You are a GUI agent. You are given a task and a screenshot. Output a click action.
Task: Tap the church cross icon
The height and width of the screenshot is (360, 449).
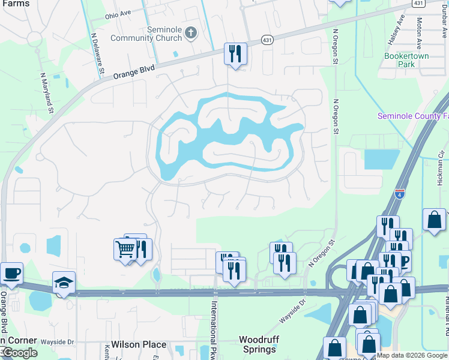(191, 32)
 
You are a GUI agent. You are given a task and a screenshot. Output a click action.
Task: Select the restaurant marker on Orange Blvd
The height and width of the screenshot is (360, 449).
(235, 54)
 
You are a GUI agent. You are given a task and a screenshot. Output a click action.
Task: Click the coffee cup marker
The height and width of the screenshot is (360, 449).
(12, 274)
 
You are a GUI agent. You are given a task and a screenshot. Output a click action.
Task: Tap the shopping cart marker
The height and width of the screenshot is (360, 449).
(125, 248)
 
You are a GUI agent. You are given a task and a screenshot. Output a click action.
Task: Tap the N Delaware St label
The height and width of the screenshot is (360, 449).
(95, 54)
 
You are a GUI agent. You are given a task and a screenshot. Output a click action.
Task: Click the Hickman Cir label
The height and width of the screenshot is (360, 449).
(441, 168)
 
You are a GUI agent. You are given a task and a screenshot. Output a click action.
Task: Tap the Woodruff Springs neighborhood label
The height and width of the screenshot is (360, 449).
(259, 344)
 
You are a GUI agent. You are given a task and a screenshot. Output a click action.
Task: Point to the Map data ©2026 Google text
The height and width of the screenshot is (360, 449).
(411, 355)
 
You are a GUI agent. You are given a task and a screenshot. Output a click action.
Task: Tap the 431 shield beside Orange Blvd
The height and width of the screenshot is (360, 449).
(267, 40)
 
